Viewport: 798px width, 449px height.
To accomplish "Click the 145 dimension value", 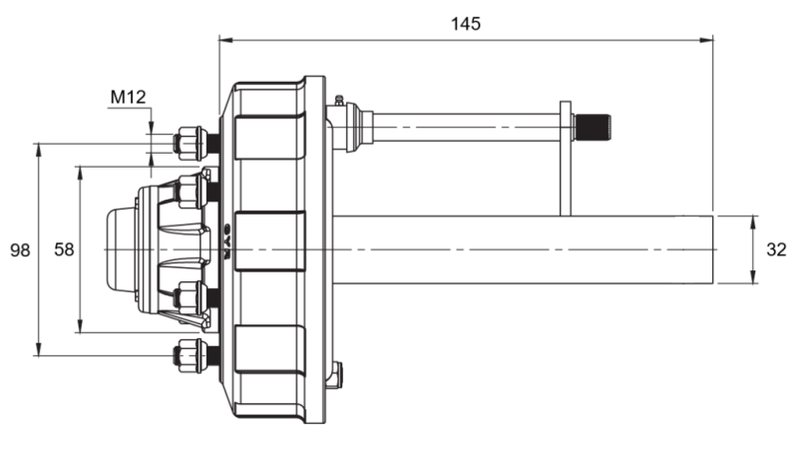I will pyautogui.click(x=465, y=23).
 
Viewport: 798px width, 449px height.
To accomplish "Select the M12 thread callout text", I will pyautogui.click(x=128, y=97).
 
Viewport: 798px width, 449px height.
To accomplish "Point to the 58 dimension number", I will pyautogui.click(x=64, y=249).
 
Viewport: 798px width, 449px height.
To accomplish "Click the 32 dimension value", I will pyautogui.click(x=777, y=249).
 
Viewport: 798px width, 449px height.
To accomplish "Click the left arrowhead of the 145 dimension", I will pyautogui.click(x=224, y=40).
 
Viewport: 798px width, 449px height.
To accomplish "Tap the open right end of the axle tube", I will pyautogui.click(x=712, y=249).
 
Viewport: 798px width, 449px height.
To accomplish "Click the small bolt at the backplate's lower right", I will pyautogui.click(x=339, y=374).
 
